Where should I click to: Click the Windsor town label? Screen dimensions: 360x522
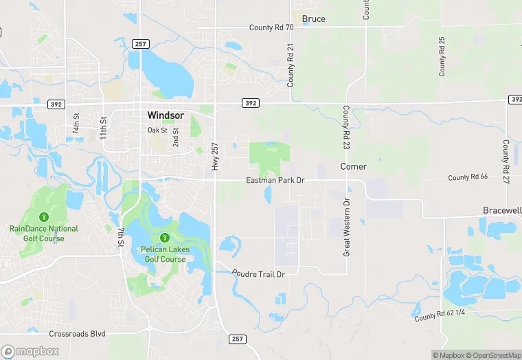coord(165,115)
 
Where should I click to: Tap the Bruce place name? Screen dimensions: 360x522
coord(313,19)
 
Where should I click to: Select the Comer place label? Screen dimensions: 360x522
coord(354,166)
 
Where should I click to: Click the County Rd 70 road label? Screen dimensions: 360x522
coord(271,27)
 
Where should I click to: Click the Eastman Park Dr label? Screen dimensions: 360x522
coord(275,180)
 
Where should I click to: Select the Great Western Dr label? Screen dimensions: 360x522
coord(347,227)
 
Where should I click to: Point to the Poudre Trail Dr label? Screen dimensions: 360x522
coord(258,273)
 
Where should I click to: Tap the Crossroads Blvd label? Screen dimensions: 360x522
coord(78,334)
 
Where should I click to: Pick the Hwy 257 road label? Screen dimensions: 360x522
coord(215,157)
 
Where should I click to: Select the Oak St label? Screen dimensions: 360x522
coord(157,131)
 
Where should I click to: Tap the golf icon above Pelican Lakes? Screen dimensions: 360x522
coord(163,238)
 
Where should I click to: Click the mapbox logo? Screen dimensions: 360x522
coord(30,351)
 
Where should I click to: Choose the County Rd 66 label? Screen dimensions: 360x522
coord(468,177)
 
